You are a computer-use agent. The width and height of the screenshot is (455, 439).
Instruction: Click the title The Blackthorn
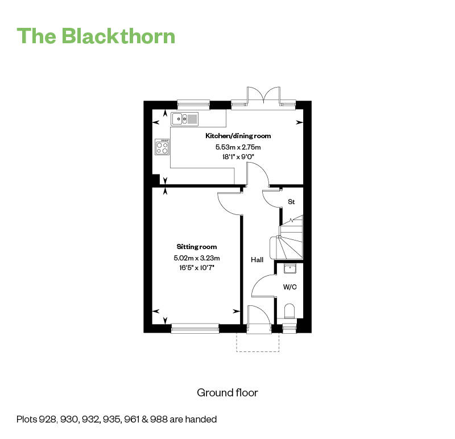(96, 36)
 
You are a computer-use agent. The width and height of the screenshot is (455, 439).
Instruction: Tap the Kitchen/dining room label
(238, 136)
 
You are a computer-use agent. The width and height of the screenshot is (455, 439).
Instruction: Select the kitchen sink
(185, 119)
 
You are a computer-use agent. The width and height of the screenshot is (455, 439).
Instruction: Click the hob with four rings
(162, 147)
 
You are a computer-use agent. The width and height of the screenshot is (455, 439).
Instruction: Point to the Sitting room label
(196, 247)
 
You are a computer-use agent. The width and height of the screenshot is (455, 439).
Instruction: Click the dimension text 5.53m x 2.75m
(238, 147)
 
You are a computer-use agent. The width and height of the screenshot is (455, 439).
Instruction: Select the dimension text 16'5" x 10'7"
(196, 267)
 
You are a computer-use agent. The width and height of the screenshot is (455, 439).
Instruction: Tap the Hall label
(257, 260)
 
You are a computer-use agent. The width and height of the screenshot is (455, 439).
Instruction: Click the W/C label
(290, 287)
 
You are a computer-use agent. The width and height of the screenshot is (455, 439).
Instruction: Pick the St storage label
(291, 202)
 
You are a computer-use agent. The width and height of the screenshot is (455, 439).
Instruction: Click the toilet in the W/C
(289, 311)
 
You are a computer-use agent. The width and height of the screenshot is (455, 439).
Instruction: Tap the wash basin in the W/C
(289, 268)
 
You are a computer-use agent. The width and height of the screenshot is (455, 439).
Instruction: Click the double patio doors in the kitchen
(263, 96)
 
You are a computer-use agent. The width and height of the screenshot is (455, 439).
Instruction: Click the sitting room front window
(195, 328)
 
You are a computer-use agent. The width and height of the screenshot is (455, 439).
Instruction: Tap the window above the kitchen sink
(193, 103)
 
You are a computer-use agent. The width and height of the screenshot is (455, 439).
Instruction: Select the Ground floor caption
(227, 392)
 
